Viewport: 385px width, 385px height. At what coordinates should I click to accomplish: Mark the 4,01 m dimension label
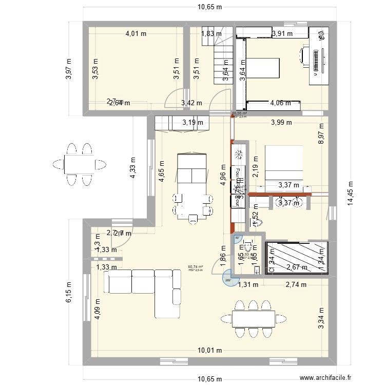click(136, 34)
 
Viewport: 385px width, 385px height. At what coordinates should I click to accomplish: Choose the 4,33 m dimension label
click(133, 167)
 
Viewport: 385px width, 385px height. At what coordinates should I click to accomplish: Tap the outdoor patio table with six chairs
click(80, 164)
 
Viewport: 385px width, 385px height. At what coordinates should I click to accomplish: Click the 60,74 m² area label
click(196, 267)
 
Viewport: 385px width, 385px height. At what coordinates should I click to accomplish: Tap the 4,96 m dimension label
click(223, 175)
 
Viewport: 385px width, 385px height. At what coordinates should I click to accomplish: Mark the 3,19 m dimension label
click(193, 123)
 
